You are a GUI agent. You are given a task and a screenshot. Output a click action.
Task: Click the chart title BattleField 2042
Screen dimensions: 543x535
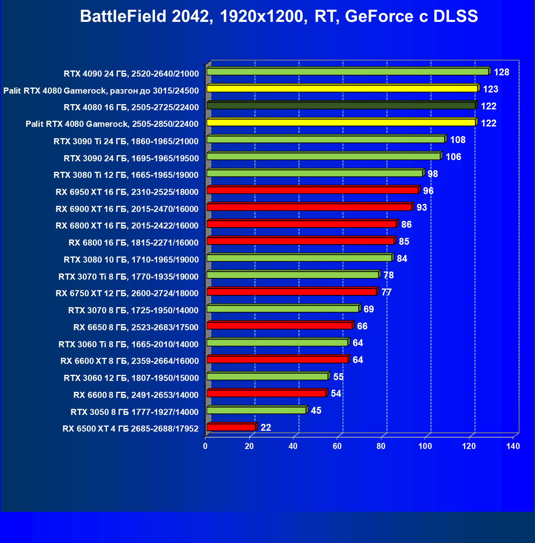(x=279, y=17)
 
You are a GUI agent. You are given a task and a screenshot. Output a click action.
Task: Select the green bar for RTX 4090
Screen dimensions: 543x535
(x=347, y=72)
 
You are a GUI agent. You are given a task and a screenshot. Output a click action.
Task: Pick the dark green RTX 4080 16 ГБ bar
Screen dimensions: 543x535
(x=341, y=106)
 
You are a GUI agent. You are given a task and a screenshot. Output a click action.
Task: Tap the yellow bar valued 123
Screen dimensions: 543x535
(x=342, y=89)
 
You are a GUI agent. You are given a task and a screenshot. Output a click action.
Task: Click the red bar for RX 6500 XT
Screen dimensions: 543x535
(x=231, y=427)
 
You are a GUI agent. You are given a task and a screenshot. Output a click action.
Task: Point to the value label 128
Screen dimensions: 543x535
(x=501, y=72)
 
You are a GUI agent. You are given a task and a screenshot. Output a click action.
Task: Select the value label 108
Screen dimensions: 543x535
(x=458, y=140)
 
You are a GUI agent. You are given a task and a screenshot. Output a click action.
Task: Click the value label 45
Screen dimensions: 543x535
(x=316, y=410)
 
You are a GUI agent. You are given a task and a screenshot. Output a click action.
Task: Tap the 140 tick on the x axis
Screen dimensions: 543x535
(x=513, y=446)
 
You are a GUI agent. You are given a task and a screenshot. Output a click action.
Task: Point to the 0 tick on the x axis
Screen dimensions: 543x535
(x=205, y=446)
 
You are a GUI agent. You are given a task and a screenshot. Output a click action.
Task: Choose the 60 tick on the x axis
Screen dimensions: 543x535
(x=337, y=446)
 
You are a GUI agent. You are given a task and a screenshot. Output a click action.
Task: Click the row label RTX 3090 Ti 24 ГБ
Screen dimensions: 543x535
(x=126, y=141)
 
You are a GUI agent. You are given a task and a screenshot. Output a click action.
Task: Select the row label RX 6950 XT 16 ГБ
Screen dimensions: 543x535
(x=127, y=192)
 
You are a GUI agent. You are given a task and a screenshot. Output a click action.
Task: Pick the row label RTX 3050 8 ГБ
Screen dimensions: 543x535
(x=135, y=412)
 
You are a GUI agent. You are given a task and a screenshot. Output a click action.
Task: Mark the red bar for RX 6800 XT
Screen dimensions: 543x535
(x=302, y=224)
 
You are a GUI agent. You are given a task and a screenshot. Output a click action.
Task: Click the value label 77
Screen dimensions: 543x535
(x=386, y=292)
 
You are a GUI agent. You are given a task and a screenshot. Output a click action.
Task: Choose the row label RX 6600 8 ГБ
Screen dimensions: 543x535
(x=136, y=395)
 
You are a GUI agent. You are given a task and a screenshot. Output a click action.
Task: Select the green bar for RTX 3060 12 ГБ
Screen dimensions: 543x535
(x=267, y=376)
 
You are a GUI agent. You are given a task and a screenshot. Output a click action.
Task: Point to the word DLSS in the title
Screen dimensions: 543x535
(x=456, y=17)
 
